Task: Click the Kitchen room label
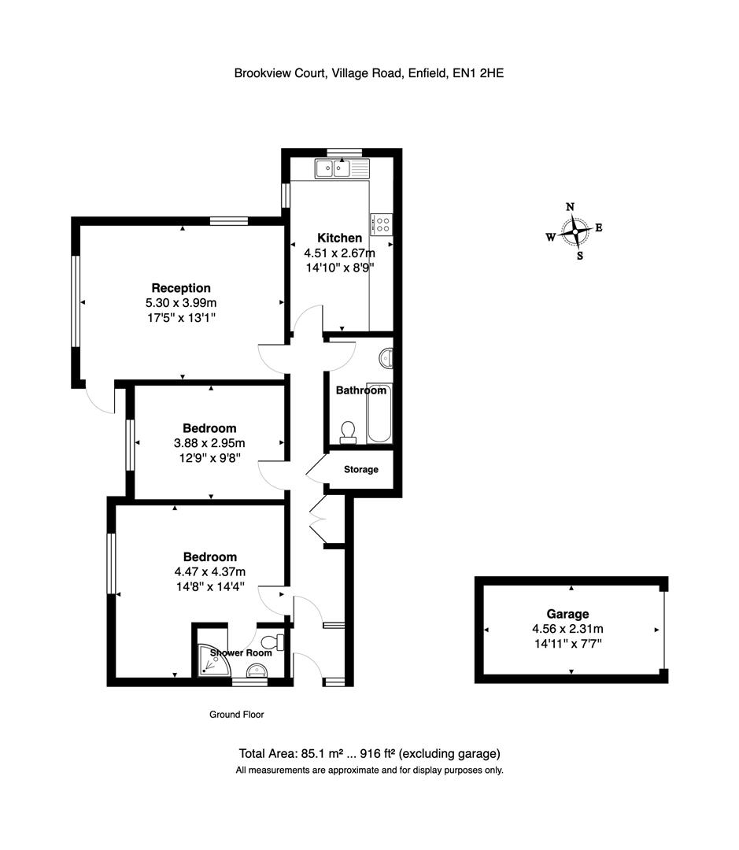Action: (339, 238)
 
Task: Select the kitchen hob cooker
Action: (382, 224)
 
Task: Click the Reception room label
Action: (181, 288)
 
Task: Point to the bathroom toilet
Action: (347, 431)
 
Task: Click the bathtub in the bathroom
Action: (379, 416)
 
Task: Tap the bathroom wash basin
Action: (386, 359)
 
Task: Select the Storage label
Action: (361, 470)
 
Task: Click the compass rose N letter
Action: (571, 207)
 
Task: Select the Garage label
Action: (567, 614)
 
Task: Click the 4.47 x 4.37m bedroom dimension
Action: (209, 571)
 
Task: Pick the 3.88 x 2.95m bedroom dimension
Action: (209, 443)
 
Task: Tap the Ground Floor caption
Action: (236, 715)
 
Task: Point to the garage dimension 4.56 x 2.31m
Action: (567, 629)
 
